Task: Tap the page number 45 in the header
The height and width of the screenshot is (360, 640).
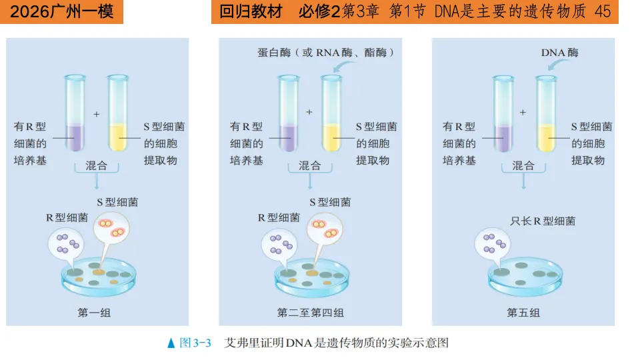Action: pos(602,12)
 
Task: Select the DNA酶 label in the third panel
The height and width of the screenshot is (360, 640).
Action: pos(559,52)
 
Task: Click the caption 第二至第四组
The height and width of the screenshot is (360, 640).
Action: pos(310,312)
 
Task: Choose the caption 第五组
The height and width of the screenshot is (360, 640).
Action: pos(523,312)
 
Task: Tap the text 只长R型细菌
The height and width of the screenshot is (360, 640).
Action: pos(543,221)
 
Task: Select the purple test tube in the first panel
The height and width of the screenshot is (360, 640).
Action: pos(74,113)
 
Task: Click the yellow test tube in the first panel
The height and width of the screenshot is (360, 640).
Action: pos(118,113)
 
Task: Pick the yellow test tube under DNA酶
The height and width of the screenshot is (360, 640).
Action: pos(546,113)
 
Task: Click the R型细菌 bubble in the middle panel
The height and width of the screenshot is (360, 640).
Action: pos(280,243)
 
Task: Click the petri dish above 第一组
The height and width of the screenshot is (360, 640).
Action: pos(97,277)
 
